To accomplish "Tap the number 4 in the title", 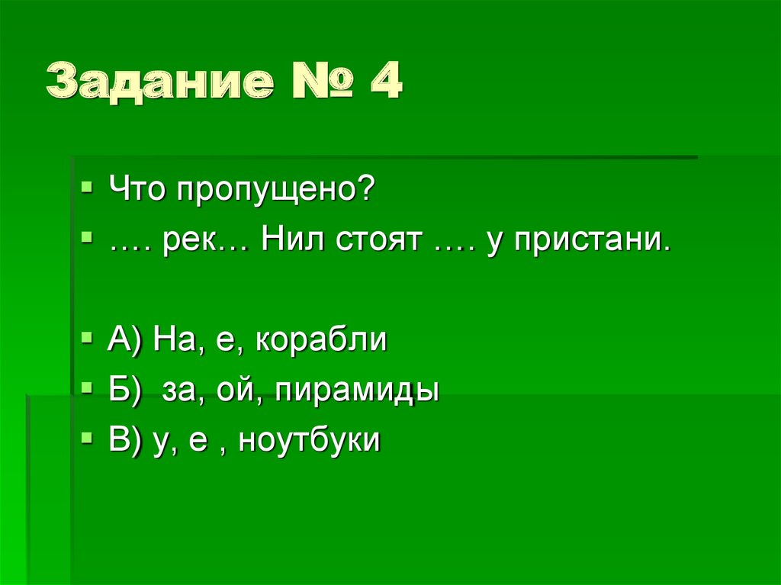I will click(384, 82).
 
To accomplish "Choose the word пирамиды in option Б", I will click(358, 391).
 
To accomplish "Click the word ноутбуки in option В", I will click(309, 441).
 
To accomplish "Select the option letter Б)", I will click(125, 391).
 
